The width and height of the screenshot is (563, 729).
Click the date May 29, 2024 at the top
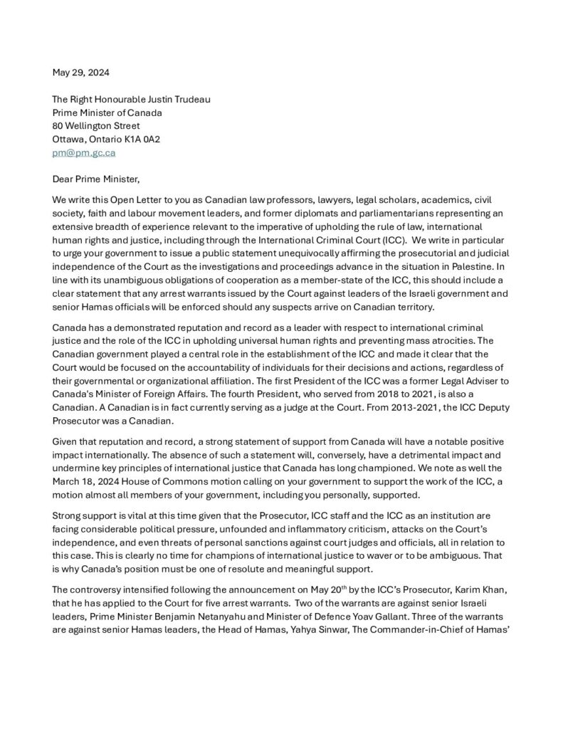81,72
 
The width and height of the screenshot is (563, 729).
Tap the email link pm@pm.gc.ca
84,152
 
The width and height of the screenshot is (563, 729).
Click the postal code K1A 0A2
144,139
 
